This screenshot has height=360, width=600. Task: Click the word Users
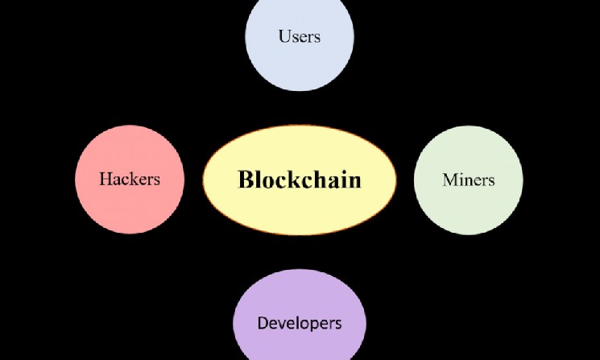tap(299, 36)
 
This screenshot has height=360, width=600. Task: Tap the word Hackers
tap(129, 179)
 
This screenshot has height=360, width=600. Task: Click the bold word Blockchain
tap(299, 179)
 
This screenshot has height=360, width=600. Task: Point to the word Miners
tap(468, 179)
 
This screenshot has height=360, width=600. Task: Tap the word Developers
tap(299, 324)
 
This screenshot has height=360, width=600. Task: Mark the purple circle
tap(299, 298)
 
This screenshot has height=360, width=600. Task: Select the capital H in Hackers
tap(105, 179)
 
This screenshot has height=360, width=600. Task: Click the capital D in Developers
tap(263, 324)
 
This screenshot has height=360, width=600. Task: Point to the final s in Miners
tap(490, 180)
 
